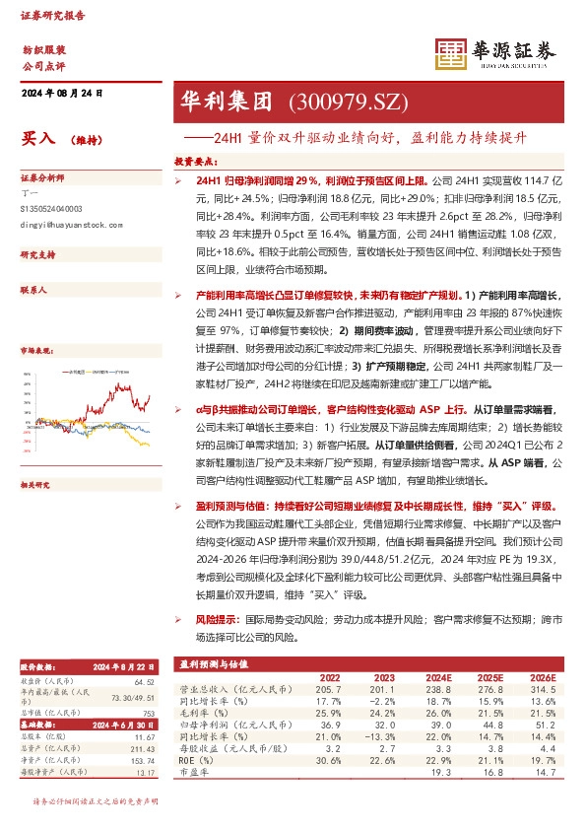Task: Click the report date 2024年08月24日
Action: (61, 93)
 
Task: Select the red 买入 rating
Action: (38, 140)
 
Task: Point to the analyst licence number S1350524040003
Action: (51, 209)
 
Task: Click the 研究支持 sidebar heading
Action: (36, 255)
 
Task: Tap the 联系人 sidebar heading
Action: (33, 292)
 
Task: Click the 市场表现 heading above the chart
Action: (36, 350)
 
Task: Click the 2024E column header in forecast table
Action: (438, 677)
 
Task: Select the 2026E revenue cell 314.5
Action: (541, 692)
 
